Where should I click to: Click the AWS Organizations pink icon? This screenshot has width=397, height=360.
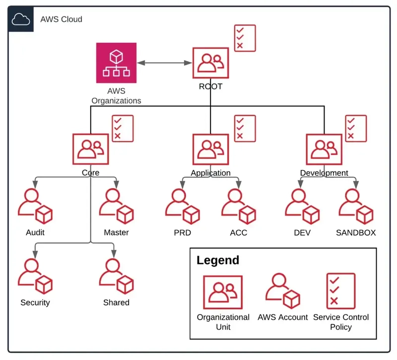coord(117,63)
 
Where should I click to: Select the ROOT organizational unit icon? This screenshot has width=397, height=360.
coord(210,64)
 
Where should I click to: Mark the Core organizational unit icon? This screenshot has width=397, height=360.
coord(90,149)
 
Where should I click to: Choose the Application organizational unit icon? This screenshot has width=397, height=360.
coord(210,149)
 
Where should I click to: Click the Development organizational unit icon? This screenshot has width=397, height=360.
coord(324,149)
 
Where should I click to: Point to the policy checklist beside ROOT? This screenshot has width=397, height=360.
coord(245,38)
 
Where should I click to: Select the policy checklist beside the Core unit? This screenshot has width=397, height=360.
coord(123,129)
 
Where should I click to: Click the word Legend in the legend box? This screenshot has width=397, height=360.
coord(218,260)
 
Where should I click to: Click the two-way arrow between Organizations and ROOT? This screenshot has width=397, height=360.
coord(165,63)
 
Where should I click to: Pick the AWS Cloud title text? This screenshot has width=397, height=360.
coord(61,19)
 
